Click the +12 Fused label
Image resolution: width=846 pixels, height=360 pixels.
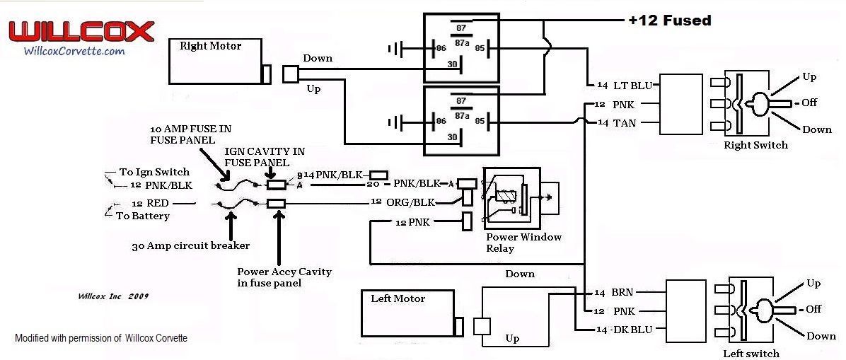pyautogui.click(x=669, y=21)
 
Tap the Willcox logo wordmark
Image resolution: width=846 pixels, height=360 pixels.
pyautogui.click(x=81, y=32)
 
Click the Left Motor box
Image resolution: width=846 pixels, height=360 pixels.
pyautogui.click(x=407, y=312)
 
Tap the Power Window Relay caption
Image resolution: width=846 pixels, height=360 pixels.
pyautogui.click(x=523, y=243)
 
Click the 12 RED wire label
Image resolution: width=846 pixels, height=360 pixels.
pyautogui.click(x=150, y=204)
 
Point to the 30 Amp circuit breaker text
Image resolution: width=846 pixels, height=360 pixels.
pyautogui.click(x=190, y=247)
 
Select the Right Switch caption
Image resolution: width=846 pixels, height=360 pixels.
pyautogui.click(x=755, y=145)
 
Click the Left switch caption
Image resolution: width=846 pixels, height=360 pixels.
pyautogui.click(x=751, y=353)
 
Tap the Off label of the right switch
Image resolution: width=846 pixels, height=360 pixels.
pyautogui.click(x=809, y=103)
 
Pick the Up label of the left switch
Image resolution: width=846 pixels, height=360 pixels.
pyautogui.click(x=813, y=284)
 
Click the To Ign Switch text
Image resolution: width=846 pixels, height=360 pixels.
pyautogui.click(x=154, y=172)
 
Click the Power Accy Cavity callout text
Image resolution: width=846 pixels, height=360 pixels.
pyautogui.click(x=284, y=277)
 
